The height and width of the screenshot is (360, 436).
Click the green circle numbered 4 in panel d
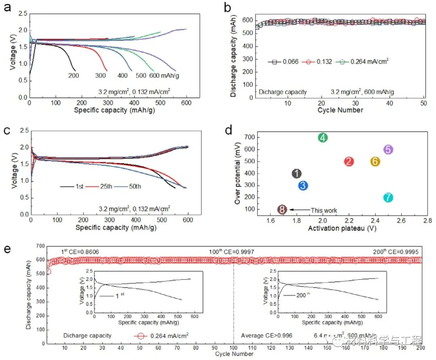[x=323, y=138]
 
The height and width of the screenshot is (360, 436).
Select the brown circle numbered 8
[x=283, y=209]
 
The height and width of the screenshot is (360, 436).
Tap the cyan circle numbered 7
[x=388, y=198]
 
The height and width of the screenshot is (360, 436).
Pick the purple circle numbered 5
[x=388, y=149]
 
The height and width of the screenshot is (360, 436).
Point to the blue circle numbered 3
[x=304, y=186]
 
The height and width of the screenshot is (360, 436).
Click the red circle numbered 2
[x=349, y=161]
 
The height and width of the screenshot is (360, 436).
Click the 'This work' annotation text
[x=324, y=210]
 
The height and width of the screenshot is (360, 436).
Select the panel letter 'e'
[x=7, y=247]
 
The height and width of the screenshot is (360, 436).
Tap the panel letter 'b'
[x=227, y=7]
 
